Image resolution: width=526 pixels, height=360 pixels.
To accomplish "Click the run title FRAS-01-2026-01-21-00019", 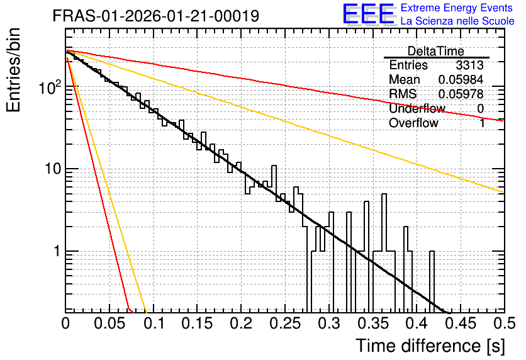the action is tap(156, 16).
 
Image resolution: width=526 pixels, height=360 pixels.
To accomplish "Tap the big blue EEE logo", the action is tap(369, 14).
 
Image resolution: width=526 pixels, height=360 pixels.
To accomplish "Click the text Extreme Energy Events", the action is tap(456, 8).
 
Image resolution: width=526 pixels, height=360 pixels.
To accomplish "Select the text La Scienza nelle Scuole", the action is tap(457, 21).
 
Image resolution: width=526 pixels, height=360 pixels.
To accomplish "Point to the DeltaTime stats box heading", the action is tap(436, 51).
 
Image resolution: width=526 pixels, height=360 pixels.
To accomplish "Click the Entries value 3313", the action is tap(469, 65).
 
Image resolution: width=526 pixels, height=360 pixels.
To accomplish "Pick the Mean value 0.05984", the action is tap(461, 79).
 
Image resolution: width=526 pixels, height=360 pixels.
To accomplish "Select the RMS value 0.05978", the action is tap(461, 94).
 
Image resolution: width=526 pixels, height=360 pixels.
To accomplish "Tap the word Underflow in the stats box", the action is tap(417, 108).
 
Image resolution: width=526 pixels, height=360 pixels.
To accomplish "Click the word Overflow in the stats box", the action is tap(413, 123).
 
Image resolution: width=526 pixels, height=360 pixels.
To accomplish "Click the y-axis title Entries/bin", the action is tap(13, 70).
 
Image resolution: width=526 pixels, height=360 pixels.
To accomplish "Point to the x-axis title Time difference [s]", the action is tap(430, 346).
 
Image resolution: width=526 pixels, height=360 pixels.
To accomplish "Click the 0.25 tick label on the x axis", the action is tap(285, 323).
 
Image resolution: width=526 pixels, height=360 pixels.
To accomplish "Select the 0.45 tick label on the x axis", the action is tap(461, 323).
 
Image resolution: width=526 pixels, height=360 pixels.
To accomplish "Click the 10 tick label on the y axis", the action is tap(53, 169).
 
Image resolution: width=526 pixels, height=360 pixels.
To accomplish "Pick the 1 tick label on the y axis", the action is tap(57, 251).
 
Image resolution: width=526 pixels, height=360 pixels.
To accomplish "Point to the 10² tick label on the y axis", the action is tap(50, 87).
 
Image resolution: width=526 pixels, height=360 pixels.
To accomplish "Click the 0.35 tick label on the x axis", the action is tap(373, 323).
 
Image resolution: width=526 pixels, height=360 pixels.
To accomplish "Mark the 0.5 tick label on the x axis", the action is tap(505, 323).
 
